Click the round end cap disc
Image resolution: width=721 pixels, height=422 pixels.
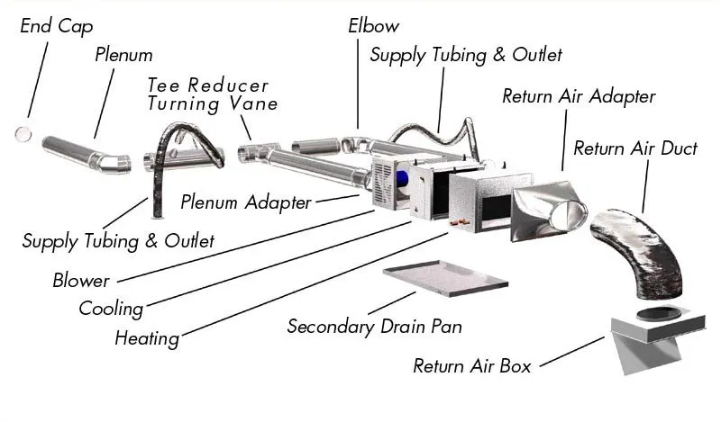pos(23,133)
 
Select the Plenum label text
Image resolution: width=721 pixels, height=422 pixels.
pos(123,56)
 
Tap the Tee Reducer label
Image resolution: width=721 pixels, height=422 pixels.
pos(208,85)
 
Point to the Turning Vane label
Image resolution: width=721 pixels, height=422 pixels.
pos(212,103)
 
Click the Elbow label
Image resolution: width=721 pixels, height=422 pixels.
pos(373,25)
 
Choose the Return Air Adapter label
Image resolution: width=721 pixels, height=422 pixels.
pos(578,96)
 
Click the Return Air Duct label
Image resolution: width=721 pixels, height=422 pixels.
pos(634,148)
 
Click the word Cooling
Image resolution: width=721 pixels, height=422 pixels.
pos(111,309)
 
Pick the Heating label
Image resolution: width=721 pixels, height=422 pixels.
pos(147,338)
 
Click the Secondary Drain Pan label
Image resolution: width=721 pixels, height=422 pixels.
pos(374,326)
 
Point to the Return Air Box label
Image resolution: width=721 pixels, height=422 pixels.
pos(471,366)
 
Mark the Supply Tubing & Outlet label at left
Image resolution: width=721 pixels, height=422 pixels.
pos(118,240)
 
